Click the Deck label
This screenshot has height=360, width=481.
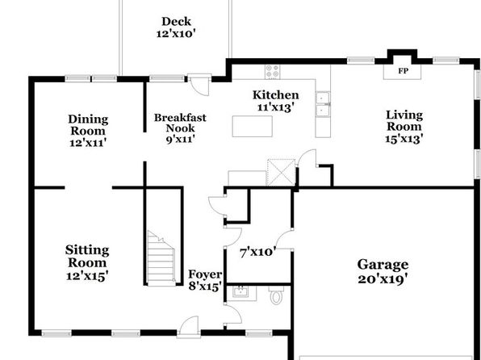(x=177, y=22)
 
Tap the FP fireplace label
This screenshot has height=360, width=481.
(x=403, y=71)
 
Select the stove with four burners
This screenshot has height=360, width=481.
(x=273, y=72)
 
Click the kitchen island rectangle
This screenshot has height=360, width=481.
(x=252, y=126)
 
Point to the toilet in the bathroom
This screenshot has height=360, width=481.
(x=276, y=295)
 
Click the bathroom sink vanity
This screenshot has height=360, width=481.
(x=241, y=293)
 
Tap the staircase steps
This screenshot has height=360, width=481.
(x=161, y=258)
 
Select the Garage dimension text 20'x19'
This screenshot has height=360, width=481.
(x=383, y=279)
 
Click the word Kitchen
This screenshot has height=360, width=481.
(x=275, y=94)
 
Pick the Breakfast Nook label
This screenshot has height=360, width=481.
(x=180, y=123)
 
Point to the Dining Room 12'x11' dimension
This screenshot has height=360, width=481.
(x=88, y=143)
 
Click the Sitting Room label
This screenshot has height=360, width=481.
(x=87, y=256)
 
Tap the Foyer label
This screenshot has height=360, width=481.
(x=205, y=274)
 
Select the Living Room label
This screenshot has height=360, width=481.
(x=404, y=120)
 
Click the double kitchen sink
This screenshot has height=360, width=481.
(x=323, y=104)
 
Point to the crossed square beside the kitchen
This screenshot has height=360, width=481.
(x=281, y=172)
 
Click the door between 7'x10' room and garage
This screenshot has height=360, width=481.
(x=284, y=240)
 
